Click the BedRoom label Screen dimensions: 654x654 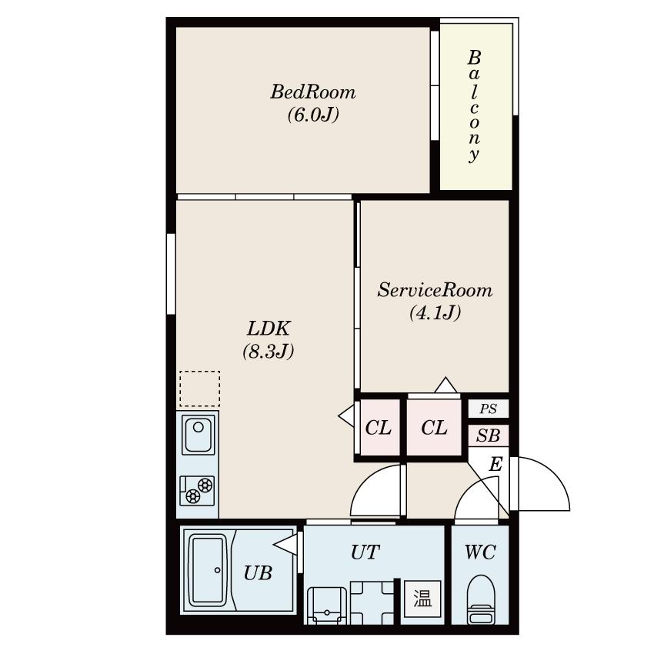313,92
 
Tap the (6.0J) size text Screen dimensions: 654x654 313,115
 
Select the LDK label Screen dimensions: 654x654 269,329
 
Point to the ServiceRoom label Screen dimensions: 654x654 435,290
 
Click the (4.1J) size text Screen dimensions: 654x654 435,312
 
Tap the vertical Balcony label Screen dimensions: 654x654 474,106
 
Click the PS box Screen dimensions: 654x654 488,409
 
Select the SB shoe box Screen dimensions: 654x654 488,435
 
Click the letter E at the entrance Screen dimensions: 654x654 496,464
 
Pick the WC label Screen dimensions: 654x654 480,552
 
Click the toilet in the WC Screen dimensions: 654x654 480,599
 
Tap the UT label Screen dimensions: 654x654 365,552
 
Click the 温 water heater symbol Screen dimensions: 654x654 422,599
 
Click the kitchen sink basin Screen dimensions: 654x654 198,435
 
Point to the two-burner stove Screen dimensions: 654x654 197,490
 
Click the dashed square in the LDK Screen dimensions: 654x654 200,389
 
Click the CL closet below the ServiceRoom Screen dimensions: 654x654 434,428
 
